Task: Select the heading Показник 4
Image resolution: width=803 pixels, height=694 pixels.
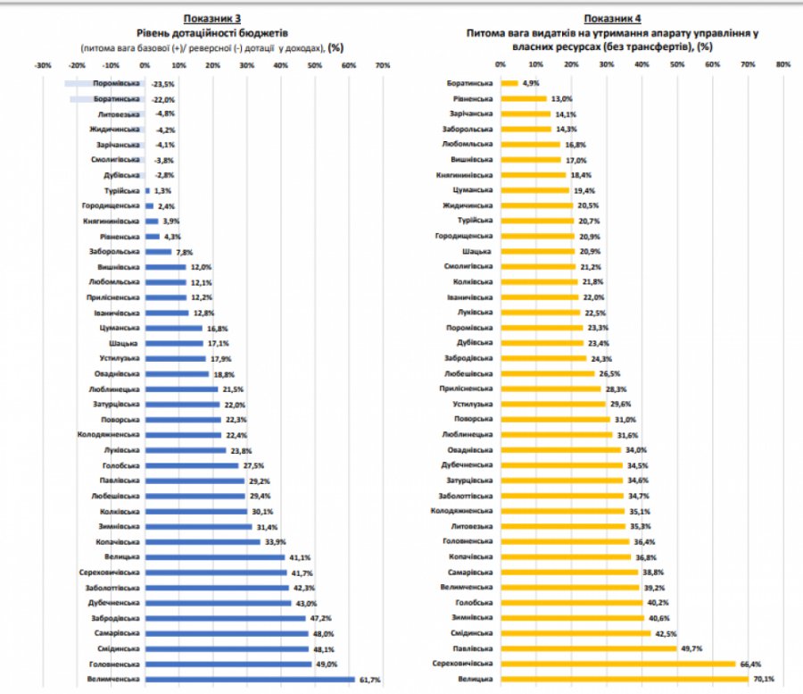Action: pyautogui.click(x=612, y=19)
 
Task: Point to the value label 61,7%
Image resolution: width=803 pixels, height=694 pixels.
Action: pyautogui.click(x=368, y=681)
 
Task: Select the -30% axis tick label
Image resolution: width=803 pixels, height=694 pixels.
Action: pyautogui.click(x=41, y=65)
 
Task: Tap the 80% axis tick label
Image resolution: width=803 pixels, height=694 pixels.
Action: pyautogui.click(x=782, y=64)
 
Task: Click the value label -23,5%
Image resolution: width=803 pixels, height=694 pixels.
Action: pyautogui.click(x=161, y=84)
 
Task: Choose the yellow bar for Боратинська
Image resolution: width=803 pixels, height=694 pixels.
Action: pyautogui.click(x=509, y=83)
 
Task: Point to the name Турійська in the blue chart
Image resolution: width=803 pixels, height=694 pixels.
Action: pyautogui.click(x=123, y=191)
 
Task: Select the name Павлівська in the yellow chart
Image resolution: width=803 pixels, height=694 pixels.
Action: pyautogui.click(x=473, y=648)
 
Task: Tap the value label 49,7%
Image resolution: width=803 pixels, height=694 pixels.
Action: pyautogui.click(x=690, y=648)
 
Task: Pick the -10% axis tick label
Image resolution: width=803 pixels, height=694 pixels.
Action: pyautogui.click(x=110, y=65)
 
